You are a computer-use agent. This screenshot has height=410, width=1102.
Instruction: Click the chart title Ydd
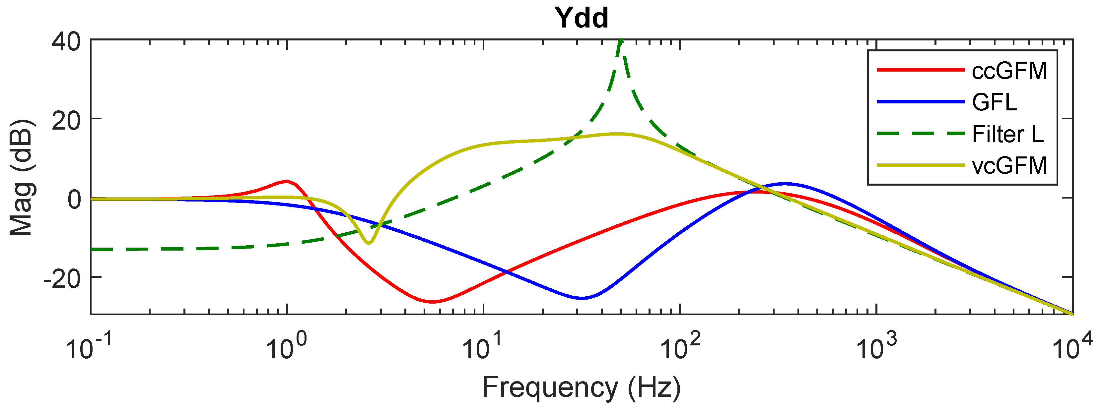pos(582,18)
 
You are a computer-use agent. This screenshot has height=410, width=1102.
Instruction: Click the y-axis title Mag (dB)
pos(21,177)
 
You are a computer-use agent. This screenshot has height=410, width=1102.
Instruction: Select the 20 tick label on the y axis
pos(66,121)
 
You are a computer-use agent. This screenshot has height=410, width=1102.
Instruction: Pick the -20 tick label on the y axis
pos(62,279)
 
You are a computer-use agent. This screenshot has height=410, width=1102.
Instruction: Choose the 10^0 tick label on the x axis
pos(286,346)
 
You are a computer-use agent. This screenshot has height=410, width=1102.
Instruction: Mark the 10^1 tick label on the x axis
pos(483,346)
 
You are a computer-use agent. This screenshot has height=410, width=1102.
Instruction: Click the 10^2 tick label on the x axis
pos(680,346)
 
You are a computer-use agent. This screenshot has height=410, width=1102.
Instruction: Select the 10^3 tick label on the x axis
pos(876,346)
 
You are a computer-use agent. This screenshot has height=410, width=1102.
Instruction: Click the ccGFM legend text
pos(1009,71)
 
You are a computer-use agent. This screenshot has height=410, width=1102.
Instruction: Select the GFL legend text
pos(994,102)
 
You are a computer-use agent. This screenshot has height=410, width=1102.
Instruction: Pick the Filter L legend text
pos(1007,134)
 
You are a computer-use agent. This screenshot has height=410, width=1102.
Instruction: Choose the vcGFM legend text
pos(1009,165)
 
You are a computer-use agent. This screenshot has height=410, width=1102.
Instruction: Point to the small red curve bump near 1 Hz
pos(287,181)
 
